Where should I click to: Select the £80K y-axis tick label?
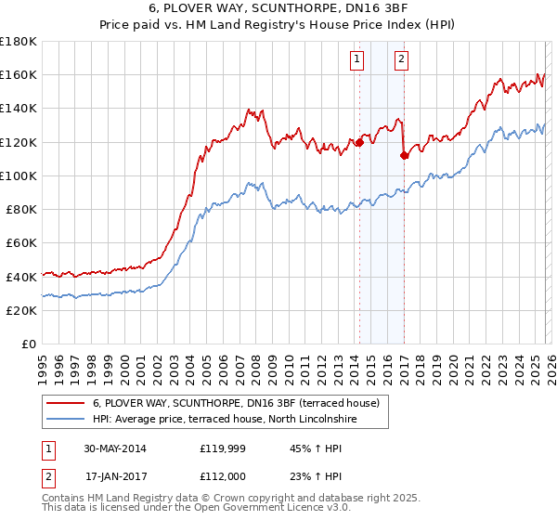(22, 209)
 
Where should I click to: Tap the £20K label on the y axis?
(22, 310)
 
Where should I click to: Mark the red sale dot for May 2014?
(359, 142)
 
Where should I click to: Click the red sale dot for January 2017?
(404, 155)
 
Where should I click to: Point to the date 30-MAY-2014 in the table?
(114, 448)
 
